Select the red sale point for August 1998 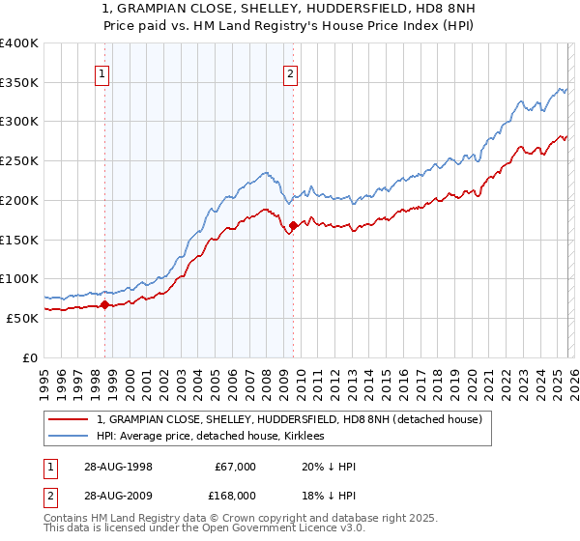tap(105, 304)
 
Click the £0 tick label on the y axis tap(31, 357)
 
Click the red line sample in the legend tap(70, 419)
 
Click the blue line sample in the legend tap(70, 436)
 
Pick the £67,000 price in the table tap(235, 467)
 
